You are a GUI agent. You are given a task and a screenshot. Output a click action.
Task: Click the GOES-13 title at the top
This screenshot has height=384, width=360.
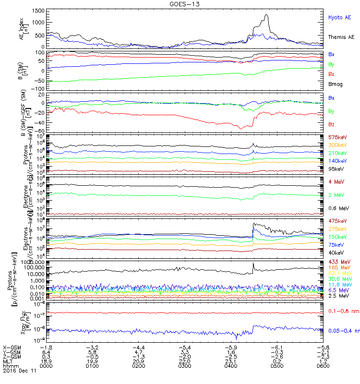pos(180,4)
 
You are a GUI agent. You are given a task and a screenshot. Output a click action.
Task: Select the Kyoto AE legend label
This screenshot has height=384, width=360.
pos(339,17)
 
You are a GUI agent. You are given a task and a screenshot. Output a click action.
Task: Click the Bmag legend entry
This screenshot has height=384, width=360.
pos(336,84)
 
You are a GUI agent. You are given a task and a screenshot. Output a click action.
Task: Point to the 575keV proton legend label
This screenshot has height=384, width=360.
pos(337,137)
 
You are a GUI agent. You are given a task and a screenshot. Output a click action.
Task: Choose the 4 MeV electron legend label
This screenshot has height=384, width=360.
pos(336,181)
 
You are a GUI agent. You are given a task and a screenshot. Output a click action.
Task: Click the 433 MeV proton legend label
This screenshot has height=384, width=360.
pos(338,262)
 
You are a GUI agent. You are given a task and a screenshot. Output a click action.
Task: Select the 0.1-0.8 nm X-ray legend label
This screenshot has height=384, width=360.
pos(340,311)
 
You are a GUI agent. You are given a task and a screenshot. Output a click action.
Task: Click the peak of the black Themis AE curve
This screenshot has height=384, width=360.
pos(266,15)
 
